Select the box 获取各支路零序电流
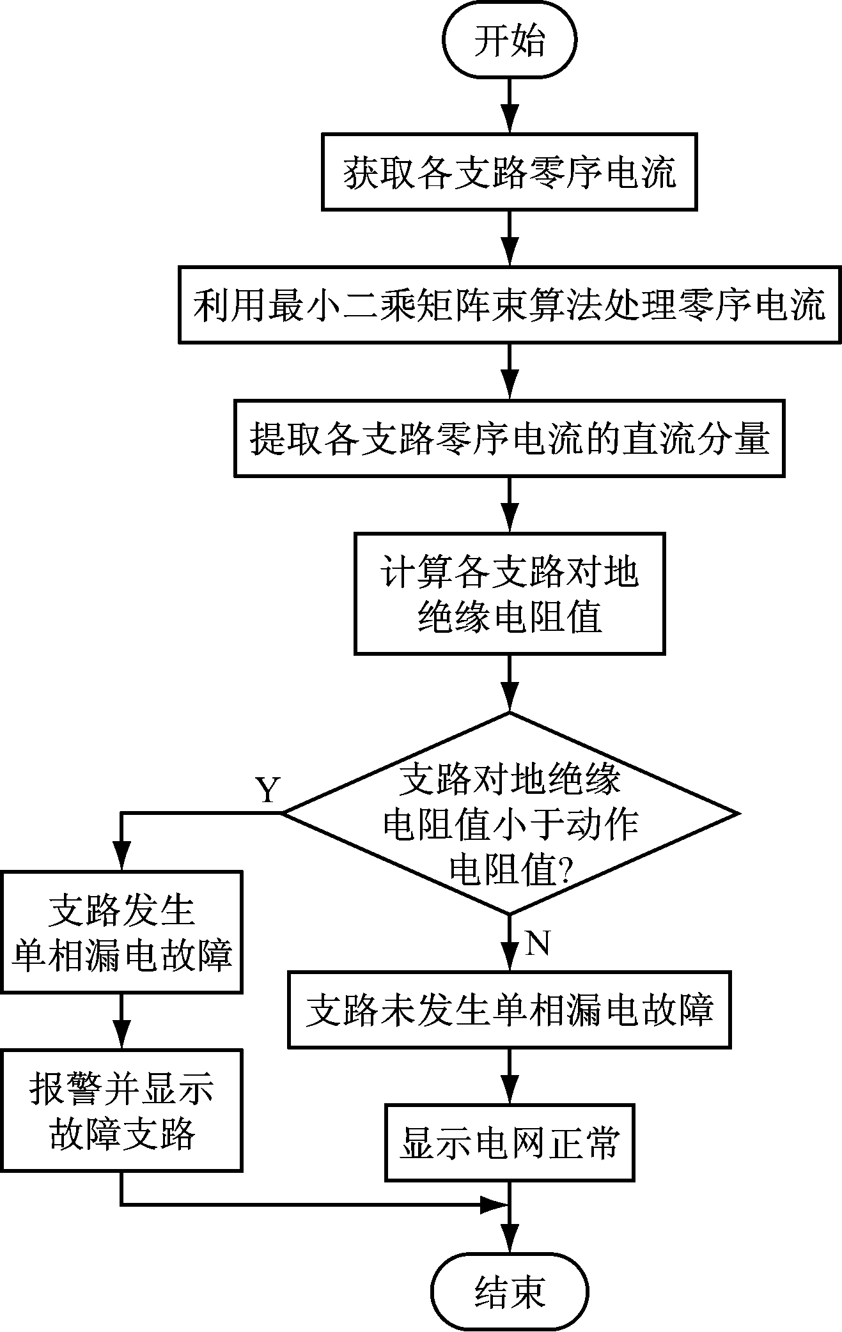pyautogui.click(x=510, y=171)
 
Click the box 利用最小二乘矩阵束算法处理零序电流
pyautogui.click(x=510, y=305)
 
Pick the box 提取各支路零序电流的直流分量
pyautogui.click(x=510, y=438)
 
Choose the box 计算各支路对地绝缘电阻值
pyautogui.click(x=510, y=593)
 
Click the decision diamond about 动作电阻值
pyautogui.click(x=511, y=812)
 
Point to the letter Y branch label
pyautogui.click(x=268, y=790)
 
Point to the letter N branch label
pyautogui.click(x=538, y=943)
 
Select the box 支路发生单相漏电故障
pyautogui.click(x=121, y=931)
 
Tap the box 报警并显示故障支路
pyautogui.click(x=121, y=1110)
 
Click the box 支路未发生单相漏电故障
pyautogui.click(x=510, y=1009)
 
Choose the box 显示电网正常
pyautogui.click(x=510, y=1142)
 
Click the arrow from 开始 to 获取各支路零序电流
pyautogui.click(x=510, y=105)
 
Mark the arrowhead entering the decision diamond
pyautogui.click(x=510, y=699)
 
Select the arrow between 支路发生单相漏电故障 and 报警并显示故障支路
pyautogui.click(x=121, y=1021)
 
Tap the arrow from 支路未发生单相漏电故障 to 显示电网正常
pyautogui.click(x=510, y=1076)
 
